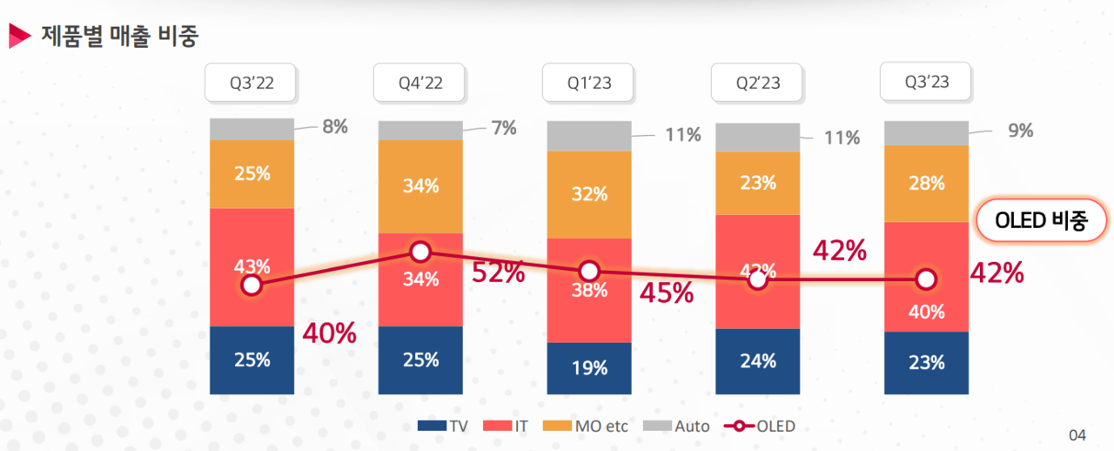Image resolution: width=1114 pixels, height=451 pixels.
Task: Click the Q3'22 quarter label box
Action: tap(252, 83)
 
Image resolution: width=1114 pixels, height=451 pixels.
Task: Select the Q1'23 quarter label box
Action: tap(589, 83)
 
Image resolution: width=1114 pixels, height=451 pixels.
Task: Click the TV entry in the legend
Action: tap(444, 427)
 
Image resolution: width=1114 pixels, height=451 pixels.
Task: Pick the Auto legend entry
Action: tap(676, 427)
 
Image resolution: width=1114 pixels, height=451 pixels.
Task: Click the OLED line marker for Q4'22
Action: tap(420, 252)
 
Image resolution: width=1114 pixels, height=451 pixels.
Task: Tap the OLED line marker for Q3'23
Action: tap(926, 279)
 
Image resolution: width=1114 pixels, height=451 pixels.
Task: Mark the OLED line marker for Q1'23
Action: tap(589, 270)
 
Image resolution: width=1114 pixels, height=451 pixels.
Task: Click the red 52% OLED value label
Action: tap(498, 273)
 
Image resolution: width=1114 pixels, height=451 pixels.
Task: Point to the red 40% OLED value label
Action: tap(329, 333)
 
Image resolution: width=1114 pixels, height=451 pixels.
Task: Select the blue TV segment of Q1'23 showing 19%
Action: tap(589, 368)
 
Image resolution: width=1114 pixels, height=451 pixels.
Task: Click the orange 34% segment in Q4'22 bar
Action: tap(420, 185)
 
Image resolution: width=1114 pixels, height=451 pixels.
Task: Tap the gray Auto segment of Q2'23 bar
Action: tap(757, 137)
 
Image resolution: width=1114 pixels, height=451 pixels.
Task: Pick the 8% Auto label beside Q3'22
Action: tap(335, 126)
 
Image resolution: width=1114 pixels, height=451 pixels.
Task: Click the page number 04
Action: tap(1077, 434)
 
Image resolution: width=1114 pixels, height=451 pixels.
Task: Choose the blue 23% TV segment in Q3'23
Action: tap(926, 363)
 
